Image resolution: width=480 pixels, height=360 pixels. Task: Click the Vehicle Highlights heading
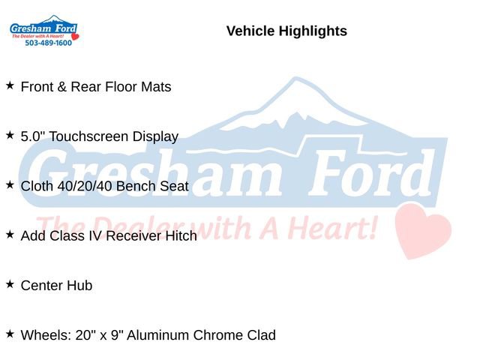[286, 31]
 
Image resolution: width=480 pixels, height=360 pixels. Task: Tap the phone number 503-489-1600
[48, 43]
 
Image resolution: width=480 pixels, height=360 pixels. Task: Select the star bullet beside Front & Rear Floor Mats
[10, 85]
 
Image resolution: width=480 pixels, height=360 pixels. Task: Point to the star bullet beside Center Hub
[10, 284]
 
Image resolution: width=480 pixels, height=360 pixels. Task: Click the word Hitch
[181, 235]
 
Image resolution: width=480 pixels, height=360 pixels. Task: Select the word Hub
[79, 286]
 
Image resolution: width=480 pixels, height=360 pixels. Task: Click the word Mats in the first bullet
[156, 87]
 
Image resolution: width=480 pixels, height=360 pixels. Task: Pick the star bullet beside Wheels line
[10, 334]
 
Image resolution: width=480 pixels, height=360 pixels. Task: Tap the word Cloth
[37, 186]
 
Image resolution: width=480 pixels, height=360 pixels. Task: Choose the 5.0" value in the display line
[34, 136]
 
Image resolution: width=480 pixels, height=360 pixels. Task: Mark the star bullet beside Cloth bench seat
[10, 184]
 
